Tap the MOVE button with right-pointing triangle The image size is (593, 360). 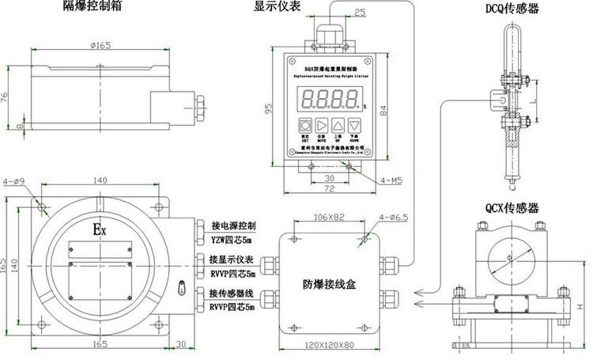321,126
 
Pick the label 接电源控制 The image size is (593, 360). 233,225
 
